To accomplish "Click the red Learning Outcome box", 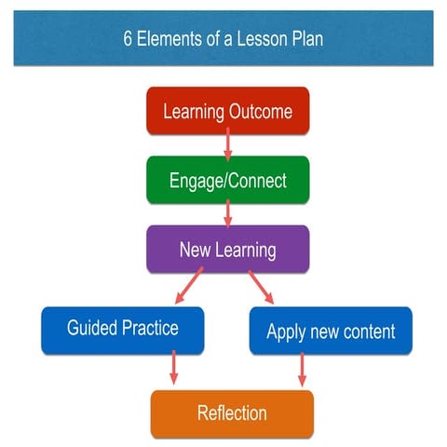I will click(227, 112).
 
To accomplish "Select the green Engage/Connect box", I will click(227, 180).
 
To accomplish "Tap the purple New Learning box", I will click(227, 249).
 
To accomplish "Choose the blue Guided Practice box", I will click(122, 329).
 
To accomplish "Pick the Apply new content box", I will click(331, 331).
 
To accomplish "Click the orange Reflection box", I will click(232, 413).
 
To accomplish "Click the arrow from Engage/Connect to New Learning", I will click(228, 213).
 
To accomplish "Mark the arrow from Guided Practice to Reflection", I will click(173, 369).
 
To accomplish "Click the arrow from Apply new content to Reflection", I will click(301, 370).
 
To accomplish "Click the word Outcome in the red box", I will click(261, 112).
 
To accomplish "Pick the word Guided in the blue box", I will click(93, 328).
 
